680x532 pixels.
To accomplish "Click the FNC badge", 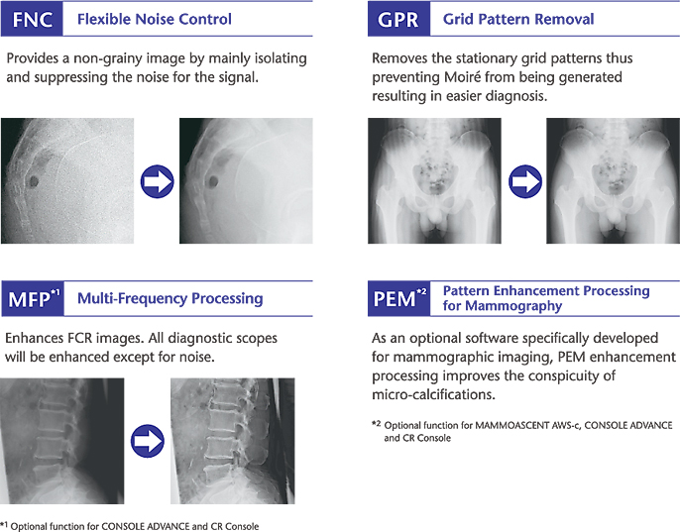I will click(32, 19).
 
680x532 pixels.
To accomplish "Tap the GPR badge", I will click(397, 19).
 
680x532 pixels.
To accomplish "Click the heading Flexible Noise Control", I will click(154, 19).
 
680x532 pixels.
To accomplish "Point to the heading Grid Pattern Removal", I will click(518, 19).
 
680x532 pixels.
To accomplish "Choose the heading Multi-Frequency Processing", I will click(170, 298).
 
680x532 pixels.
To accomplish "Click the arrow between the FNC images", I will click(158, 181).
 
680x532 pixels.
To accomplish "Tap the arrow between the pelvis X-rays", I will click(524, 181).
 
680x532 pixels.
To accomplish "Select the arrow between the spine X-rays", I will click(147, 439).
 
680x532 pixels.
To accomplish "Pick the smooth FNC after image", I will click(246, 181).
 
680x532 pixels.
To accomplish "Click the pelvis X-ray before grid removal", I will click(434, 181).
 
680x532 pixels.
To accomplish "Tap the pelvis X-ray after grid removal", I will click(613, 181).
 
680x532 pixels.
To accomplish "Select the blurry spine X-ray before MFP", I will click(61, 439).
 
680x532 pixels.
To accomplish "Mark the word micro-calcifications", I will click(432, 394).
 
